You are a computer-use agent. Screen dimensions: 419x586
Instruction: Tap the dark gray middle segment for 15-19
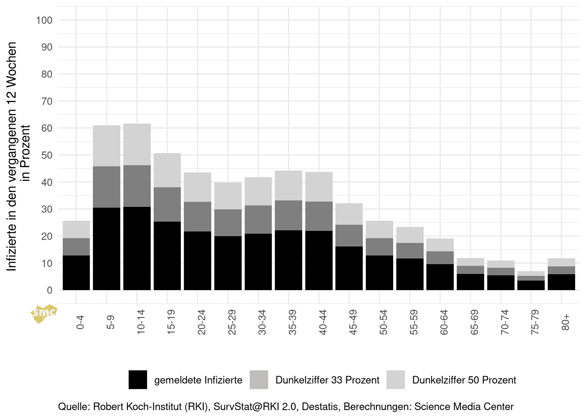tap(167, 204)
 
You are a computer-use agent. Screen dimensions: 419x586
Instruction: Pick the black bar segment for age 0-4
tap(76, 273)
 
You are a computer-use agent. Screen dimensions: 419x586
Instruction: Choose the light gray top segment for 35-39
tap(288, 185)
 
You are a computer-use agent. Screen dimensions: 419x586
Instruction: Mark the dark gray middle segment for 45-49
tap(349, 236)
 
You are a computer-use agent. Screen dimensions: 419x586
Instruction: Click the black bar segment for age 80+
tap(561, 282)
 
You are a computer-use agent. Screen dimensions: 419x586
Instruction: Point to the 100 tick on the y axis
tap(44, 20)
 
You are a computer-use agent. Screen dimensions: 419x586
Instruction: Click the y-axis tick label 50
tap(47, 155)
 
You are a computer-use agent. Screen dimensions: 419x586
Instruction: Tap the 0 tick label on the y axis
tap(50, 290)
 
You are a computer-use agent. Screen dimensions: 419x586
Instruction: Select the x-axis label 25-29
tap(232, 322)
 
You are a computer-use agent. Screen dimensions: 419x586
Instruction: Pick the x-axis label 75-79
tap(535, 322)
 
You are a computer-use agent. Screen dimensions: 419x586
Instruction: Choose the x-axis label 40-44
tap(323, 322)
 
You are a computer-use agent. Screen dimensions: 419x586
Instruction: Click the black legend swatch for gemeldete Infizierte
tap(138, 380)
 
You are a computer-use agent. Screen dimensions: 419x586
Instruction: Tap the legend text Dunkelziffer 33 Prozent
tap(327, 380)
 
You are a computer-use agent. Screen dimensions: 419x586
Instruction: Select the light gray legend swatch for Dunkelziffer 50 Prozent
tap(395, 380)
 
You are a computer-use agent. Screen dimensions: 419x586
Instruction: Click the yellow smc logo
tap(43, 313)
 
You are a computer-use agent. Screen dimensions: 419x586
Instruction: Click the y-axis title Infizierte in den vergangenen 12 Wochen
tap(12, 156)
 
